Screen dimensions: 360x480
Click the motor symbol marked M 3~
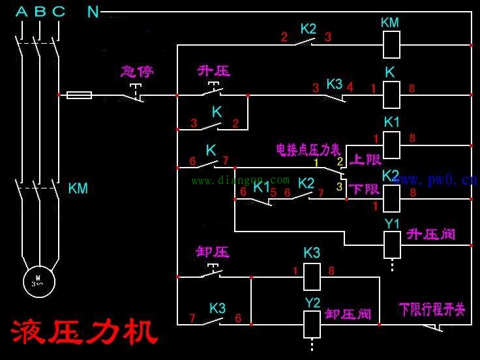pyautogui.click(x=38, y=281)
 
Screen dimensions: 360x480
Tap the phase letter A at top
pyautogui.click(x=22, y=12)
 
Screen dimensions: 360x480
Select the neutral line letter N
pyautogui.click(x=93, y=12)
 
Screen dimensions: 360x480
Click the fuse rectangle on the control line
pyautogui.click(x=79, y=95)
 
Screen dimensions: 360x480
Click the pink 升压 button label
pyautogui.click(x=214, y=70)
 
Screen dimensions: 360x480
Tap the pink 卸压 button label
pyautogui.click(x=213, y=252)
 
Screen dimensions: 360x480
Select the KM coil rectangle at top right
pyautogui.click(x=390, y=45)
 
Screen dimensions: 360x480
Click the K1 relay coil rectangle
pyautogui.click(x=391, y=145)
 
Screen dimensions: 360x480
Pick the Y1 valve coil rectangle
pyautogui.click(x=391, y=245)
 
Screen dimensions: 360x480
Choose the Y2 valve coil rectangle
pyautogui.click(x=312, y=324)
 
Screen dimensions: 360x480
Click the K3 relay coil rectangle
pyautogui.click(x=312, y=277)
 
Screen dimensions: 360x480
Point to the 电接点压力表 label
pyautogui.click(x=308, y=150)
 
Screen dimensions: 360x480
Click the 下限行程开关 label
pyautogui.click(x=433, y=309)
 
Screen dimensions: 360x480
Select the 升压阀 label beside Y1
pyautogui.click(x=431, y=233)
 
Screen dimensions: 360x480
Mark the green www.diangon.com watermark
pyautogui.click(x=240, y=180)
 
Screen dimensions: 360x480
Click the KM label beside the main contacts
pyautogui.click(x=78, y=189)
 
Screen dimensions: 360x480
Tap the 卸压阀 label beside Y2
pyautogui.click(x=348, y=314)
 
